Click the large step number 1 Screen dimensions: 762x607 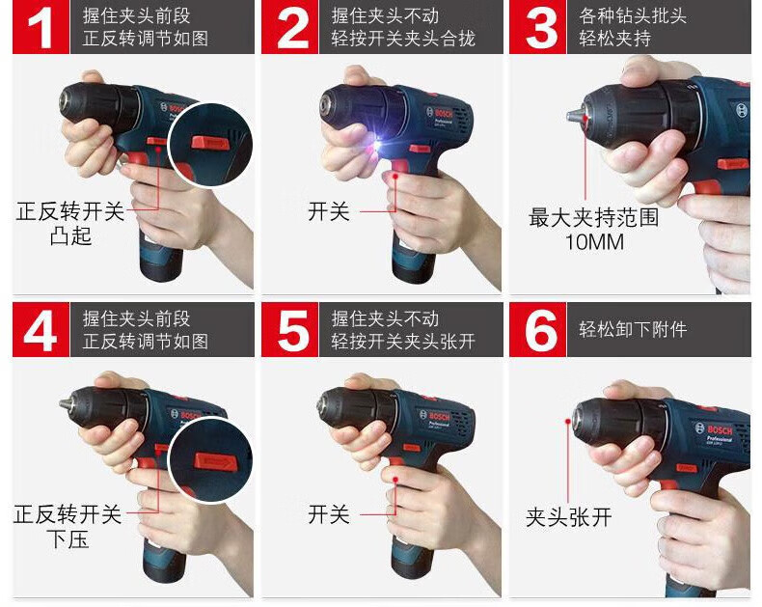41,28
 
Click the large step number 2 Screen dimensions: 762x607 292,28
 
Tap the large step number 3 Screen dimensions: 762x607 541,28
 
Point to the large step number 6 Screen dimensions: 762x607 541,331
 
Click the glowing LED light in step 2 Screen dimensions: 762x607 376,144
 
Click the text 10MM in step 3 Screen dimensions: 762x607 594,242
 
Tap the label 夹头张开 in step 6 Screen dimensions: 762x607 568,517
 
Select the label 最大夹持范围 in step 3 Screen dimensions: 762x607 593,217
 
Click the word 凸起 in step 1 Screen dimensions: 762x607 70,236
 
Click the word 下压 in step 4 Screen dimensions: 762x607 68,539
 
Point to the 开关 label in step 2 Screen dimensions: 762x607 329,212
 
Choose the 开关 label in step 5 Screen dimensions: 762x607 329,514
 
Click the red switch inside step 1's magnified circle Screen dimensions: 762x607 209,143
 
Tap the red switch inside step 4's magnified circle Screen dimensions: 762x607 216,461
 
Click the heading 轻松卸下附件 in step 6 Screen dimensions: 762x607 633,329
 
